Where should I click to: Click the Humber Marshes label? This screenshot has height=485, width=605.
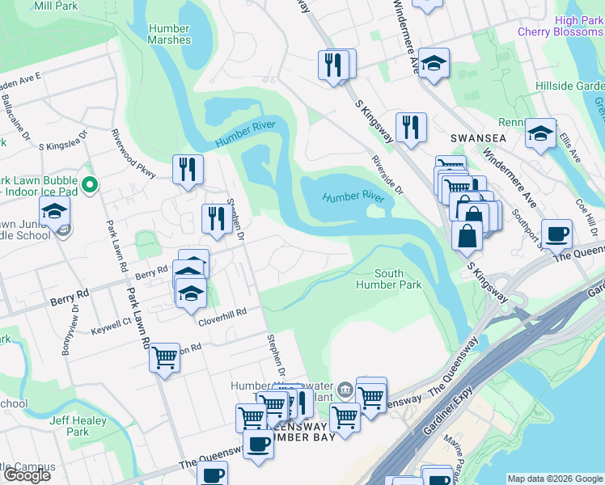point(170,34)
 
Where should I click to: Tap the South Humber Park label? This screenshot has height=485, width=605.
point(388,279)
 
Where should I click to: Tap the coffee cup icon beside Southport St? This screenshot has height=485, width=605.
point(556,234)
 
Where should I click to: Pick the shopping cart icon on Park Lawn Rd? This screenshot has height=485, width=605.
point(164,356)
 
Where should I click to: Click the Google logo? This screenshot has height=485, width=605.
point(27,475)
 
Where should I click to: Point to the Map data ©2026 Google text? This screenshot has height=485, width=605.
point(555,479)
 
